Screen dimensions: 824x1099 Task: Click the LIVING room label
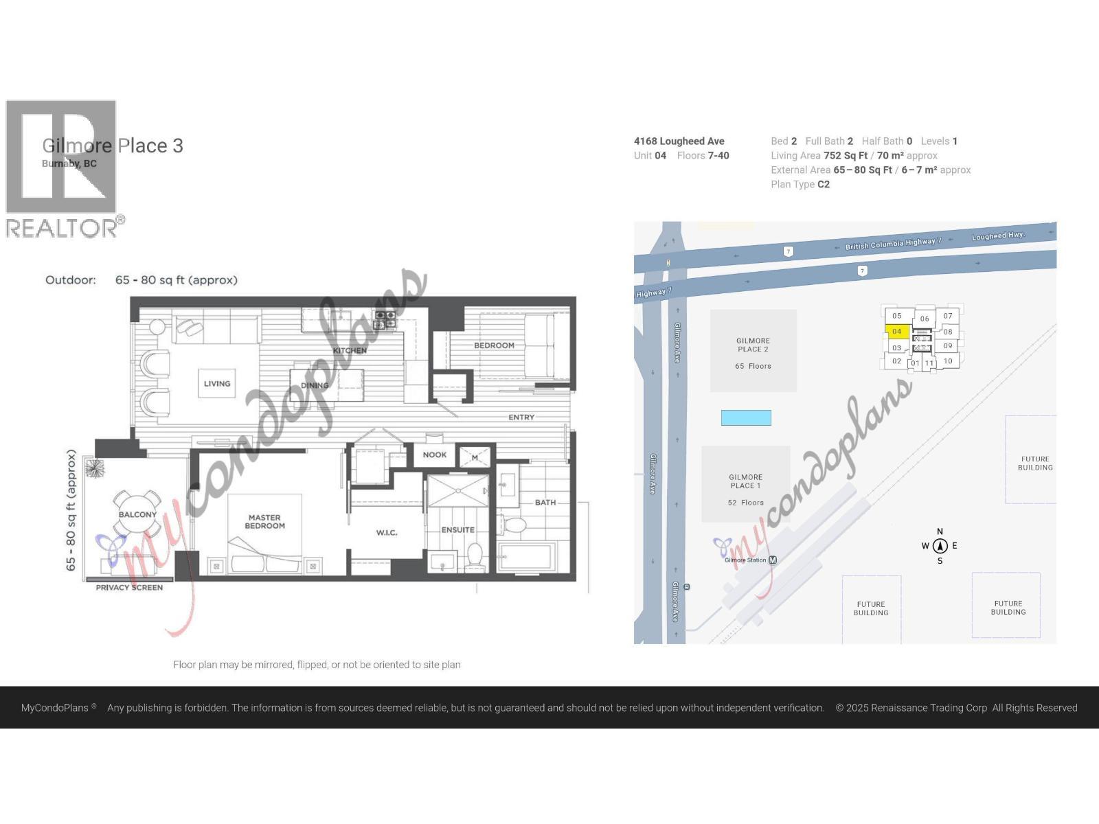click(x=217, y=384)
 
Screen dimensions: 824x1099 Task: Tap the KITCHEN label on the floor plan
click(x=350, y=350)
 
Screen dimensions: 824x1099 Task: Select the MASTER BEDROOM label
click(x=264, y=522)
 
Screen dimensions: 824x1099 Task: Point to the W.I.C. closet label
click(x=387, y=533)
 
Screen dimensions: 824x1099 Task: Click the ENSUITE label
click(x=458, y=530)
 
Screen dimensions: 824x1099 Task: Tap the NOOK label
click(x=434, y=455)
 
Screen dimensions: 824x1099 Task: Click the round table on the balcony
click(x=137, y=514)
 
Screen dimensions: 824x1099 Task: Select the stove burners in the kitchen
click(x=385, y=319)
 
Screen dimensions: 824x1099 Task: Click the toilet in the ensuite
click(x=475, y=553)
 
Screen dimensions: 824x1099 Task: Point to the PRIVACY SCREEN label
click(x=129, y=588)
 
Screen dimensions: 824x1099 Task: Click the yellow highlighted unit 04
click(x=897, y=332)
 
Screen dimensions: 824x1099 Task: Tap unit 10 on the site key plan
click(x=948, y=361)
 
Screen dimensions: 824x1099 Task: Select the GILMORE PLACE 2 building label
click(x=753, y=345)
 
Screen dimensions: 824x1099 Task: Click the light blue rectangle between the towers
click(x=746, y=417)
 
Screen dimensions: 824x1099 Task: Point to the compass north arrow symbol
click(x=940, y=546)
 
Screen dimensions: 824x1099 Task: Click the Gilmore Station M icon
click(x=773, y=560)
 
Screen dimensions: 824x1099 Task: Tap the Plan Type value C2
click(x=824, y=185)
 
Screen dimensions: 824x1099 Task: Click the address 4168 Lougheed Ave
click(x=679, y=141)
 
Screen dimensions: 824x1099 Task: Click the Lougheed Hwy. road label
click(x=997, y=236)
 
